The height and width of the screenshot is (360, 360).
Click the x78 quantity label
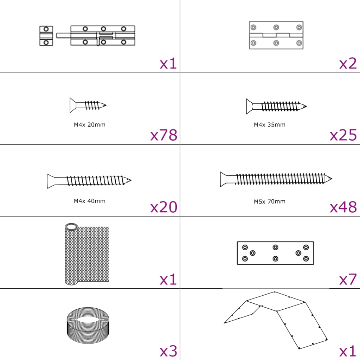(x=163, y=135)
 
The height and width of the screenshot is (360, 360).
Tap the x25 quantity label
(x=343, y=135)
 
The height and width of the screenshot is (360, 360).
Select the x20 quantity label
(x=163, y=207)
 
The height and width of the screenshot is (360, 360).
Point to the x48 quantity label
(x=343, y=207)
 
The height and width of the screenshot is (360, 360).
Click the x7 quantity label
(x=348, y=279)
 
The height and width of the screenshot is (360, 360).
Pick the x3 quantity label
(x=168, y=351)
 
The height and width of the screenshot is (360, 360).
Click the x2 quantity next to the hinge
(x=348, y=63)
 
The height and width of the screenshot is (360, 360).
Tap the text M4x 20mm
(x=90, y=124)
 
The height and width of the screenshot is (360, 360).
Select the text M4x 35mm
(x=270, y=124)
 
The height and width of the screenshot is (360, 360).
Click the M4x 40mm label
(x=90, y=201)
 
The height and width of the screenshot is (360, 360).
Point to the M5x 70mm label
(x=270, y=201)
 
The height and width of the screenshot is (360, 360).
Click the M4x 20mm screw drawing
(x=88, y=105)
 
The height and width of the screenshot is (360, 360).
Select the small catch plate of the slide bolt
(x=46, y=36)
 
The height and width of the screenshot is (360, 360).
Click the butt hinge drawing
(x=276, y=35)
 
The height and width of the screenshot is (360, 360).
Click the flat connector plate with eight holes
(x=275, y=253)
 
